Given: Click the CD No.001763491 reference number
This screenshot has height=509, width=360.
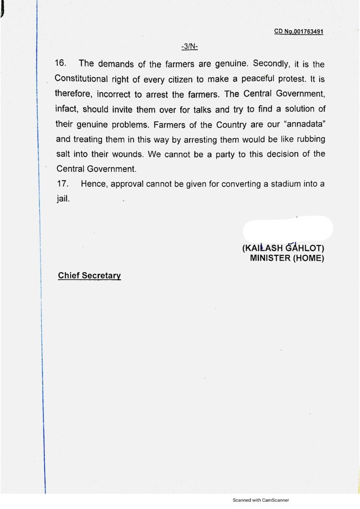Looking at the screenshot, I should [x=299, y=31].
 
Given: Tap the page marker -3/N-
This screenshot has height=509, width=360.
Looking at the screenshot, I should [x=190, y=47].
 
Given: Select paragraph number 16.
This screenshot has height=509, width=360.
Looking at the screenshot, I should [x=62, y=63].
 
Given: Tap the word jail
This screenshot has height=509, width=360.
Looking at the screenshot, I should [x=63, y=198].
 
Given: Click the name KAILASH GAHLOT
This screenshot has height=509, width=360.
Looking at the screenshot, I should [x=283, y=249].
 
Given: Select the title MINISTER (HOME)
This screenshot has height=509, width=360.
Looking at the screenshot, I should [x=287, y=258].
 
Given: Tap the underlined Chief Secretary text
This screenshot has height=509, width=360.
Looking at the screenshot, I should [x=89, y=276].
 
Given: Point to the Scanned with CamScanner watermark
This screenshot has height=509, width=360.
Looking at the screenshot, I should [x=261, y=500].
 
